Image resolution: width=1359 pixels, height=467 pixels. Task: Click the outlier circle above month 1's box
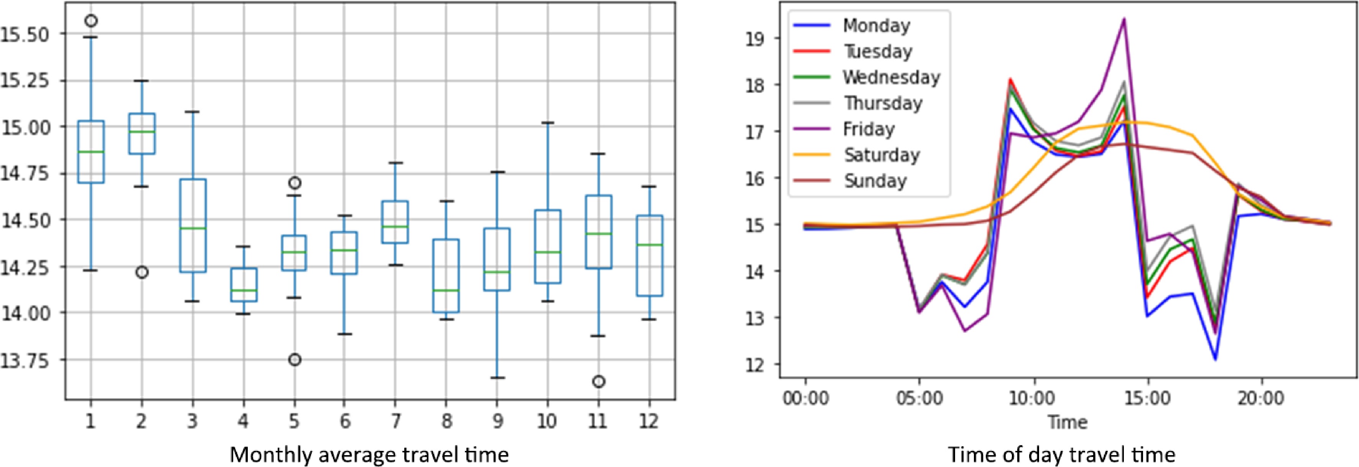point(91,21)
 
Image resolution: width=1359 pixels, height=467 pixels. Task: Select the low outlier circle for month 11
point(598,381)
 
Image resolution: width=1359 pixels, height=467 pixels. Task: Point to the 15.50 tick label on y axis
point(25,34)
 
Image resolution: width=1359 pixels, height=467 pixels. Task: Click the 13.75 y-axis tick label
point(25,360)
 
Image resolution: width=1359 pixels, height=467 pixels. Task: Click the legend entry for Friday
point(868,129)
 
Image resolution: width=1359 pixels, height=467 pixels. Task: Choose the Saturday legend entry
point(881,155)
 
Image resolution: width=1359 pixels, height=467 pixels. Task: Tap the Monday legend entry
point(876,25)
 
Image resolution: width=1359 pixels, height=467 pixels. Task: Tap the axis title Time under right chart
point(1067,422)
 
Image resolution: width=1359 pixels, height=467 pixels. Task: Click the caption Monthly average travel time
point(369,455)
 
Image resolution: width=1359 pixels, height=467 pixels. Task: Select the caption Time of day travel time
point(1061,455)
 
